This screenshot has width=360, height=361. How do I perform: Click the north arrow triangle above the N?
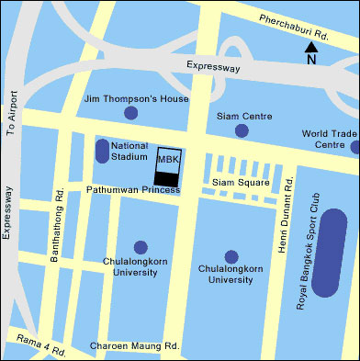click(311, 46)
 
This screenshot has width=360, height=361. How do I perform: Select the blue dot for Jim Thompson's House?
click(130, 113)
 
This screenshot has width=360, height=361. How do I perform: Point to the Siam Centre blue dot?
click(242, 130)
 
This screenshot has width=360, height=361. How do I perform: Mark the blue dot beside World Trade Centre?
click(354, 147)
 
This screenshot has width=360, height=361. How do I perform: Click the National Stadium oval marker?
click(101, 151)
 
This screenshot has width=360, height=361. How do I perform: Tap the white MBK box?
click(167, 159)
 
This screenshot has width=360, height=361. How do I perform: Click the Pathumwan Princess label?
click(132, 190)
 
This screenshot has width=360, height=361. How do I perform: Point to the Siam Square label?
click(241, 183)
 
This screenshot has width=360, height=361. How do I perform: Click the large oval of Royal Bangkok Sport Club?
click(329, 253)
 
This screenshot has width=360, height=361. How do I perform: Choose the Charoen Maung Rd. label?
click(134, 347)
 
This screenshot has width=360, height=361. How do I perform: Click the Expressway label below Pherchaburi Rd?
click(212, 66)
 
